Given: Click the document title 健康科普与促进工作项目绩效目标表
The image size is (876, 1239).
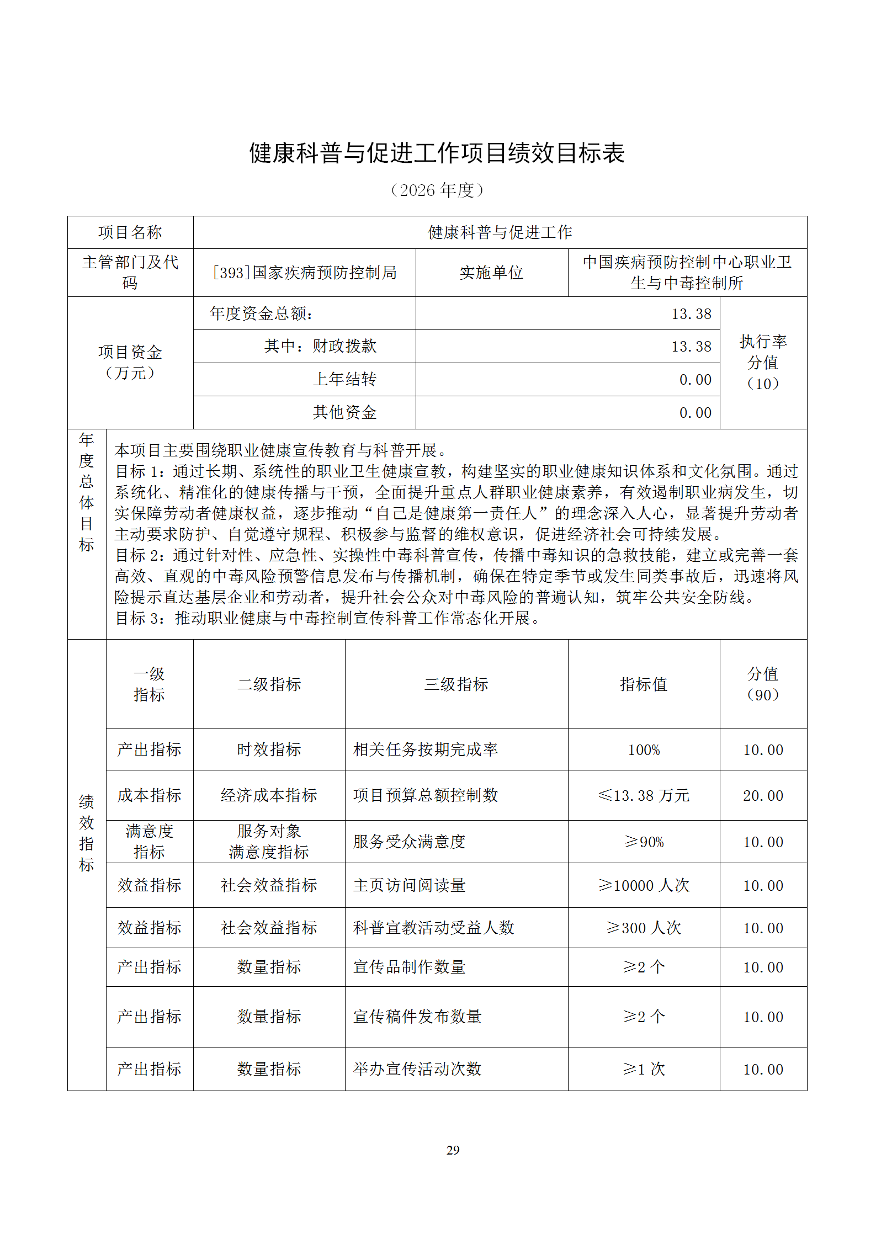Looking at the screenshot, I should click(437, 153).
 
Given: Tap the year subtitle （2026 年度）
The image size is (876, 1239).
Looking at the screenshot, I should click(437, 190).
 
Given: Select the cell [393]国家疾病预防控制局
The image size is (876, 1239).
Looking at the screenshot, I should click(304, 273).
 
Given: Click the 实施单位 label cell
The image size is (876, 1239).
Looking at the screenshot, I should click(491, 273).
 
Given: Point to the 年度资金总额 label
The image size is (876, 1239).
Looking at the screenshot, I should click(262, 314).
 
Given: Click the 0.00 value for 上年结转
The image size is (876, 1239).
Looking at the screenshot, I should click(695, 380).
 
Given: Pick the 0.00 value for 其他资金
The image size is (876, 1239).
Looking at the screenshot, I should click(695, 413).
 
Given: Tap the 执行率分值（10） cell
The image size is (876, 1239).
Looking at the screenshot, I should click(763, 363).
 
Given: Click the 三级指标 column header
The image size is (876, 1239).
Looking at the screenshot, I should click(456, 684).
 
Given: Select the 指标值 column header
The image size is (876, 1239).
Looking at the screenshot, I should click(644, 684).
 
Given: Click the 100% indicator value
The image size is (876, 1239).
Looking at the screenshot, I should click(644, 750).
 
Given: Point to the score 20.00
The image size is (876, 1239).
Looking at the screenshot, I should click(763, 796).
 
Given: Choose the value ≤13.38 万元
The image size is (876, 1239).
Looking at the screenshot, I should click(644, 796).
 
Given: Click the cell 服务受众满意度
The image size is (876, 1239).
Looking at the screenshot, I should click(410, 842).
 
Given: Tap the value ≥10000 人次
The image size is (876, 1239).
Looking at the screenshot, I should click(644, 886).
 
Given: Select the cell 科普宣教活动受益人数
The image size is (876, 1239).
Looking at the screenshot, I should click(434, 928).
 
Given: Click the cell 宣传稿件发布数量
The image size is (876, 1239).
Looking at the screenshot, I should click(418, 1017).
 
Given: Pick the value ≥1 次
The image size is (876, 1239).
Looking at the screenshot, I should click(644, 1070).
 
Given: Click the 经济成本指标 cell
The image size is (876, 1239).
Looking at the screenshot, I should click(269, 796).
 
